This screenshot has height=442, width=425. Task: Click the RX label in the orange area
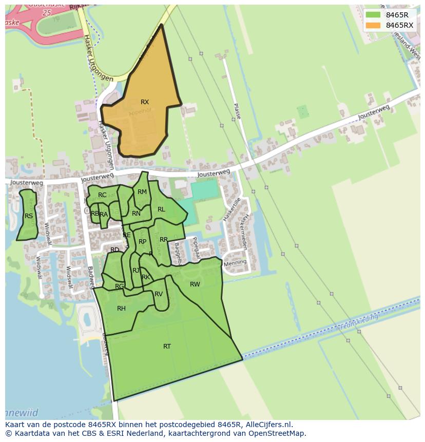pyautogui.click(x=145, y=102)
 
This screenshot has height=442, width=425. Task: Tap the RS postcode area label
pyautogui.click(x=29, y=216)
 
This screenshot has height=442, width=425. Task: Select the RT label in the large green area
pyautogui.click(x=167, y=347)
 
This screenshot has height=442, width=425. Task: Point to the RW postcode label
pyautogui.click(x=195, y=284)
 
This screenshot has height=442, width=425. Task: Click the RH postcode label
pyautogui.click(x=121, y=309)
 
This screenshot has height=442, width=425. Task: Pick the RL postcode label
pyautogui.click(x=161, y=209)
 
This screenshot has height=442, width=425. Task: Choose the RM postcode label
pyautogui.click(x=142, y=192)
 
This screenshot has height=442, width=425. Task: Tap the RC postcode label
pyautogui.click(x=102, y=195)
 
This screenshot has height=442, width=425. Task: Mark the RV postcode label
pyautogui.click(x=159, y=294)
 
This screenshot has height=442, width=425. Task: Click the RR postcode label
pyautogui.click(x=164, y=240)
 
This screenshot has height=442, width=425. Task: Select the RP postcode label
pyautogui.click(x=143, y=242)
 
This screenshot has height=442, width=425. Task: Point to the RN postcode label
pyautogui.click(x=136, y=214)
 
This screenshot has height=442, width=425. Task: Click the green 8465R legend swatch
pyautogui.click(x=373, y=15)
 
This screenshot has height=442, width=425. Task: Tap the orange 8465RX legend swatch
pyautogui.click(x=373, y=25)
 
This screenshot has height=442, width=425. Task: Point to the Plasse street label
pyautogui.click(x=237, y=111)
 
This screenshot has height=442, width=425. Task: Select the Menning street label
pyautogui.click(x=235, y=262)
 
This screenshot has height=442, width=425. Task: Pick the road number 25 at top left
pyautogui.click(x=48, y=11)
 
